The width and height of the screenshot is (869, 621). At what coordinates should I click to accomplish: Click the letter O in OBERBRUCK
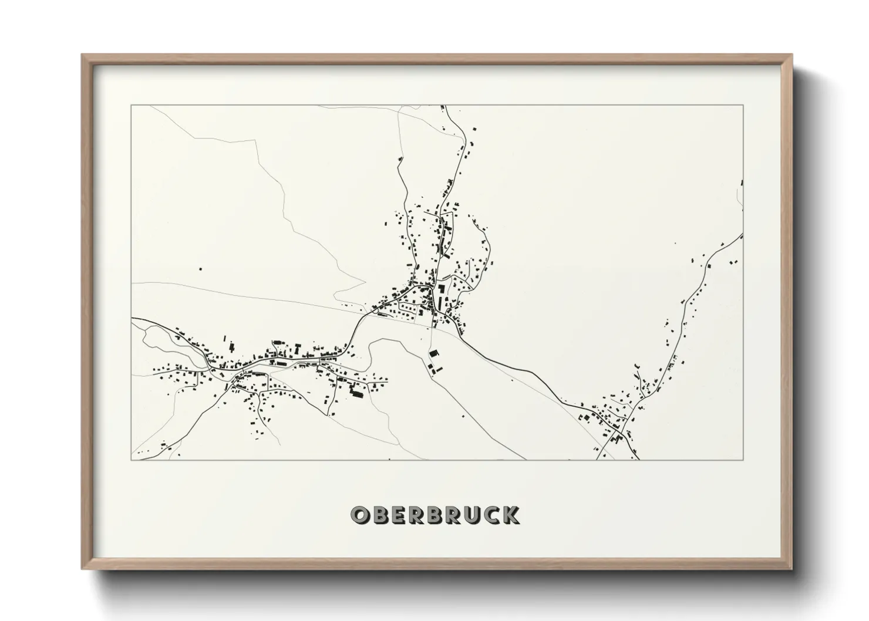[359, 515]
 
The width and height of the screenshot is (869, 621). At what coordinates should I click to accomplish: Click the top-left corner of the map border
[131, 105]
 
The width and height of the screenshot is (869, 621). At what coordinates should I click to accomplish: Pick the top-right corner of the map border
[743, 105]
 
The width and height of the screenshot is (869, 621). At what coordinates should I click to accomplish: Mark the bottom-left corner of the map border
[131, 460]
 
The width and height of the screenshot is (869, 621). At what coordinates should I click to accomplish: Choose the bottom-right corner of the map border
[743, 460]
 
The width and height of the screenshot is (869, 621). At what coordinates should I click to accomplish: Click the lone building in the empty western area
[201, 269]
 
